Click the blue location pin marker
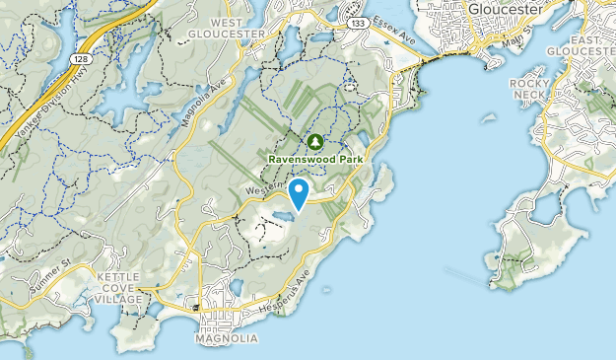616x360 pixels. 301,191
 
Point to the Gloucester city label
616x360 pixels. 507,9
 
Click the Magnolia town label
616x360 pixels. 228,338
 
